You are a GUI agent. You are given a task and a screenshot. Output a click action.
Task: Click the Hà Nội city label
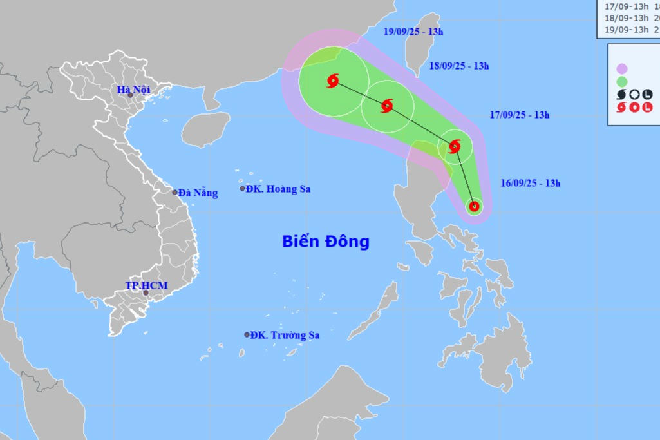pyautogui.click(x=133, y=90)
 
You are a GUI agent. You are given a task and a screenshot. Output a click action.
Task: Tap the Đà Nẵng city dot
pyautogui.click(x=174, y=192)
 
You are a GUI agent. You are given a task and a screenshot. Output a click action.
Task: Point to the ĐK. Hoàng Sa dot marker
pyautogui.click(x=243, y=188)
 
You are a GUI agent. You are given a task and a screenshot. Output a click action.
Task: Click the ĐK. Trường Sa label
pyautogui.click(x=285, y=335)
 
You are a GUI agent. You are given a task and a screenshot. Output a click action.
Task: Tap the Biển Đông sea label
pyautogui.click(x=326, y=242)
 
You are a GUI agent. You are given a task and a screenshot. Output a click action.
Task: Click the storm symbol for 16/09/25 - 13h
pyautogui.click(x=474, y=207)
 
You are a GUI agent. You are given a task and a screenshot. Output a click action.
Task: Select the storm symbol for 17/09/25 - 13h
pyautogui.click(x=455, y=146)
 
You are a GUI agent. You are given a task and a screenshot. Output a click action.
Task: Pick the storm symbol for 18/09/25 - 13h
pyautogui.click(x=387, y=106)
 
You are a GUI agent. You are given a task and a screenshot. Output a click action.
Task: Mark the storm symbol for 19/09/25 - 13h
pyautogui.click(x=333, y=81)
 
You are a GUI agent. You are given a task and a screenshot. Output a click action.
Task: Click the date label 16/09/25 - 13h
pyautogui.click(x=530, y=183)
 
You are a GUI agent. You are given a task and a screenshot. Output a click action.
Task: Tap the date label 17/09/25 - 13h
pyautogui.click(x=519, y=115)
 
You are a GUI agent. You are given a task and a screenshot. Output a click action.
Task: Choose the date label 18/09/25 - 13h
pyautogui.click(x=459, y=66)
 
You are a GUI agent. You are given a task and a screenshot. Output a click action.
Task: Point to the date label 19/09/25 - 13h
pyautogui.click(x=413, y=31)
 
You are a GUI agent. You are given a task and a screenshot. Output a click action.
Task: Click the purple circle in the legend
pyautogui.click(x=621, y=68)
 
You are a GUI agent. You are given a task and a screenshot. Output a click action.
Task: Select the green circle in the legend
pyautogui.click(x=621, y=82)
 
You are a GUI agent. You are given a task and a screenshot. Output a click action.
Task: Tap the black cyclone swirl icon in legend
pyautogui.click(x=621, y=95)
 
